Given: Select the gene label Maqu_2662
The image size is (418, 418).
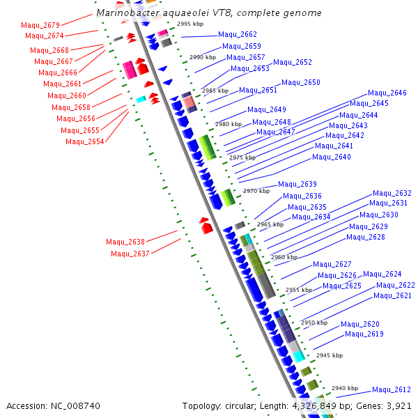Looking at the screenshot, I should coord(238,34).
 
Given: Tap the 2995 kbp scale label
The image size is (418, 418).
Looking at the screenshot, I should coord(189,24).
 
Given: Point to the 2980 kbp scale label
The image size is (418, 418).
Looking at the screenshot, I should coord(227,124).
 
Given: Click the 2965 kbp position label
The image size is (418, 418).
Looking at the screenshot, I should coord(270,224).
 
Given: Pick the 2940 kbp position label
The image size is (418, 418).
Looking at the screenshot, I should coord(344,388).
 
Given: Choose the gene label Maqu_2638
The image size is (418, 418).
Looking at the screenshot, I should coord(125,242).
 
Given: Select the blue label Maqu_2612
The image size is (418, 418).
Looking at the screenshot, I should coord(392,389).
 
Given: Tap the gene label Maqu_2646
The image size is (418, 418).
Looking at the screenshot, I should coord(387,93).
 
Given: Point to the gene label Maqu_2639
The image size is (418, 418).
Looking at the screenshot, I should coord(297,184).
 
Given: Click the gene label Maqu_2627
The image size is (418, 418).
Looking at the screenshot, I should coord(332,264).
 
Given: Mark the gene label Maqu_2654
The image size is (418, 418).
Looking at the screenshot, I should coord(85,141).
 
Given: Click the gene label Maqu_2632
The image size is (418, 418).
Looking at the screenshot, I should coord(392,193).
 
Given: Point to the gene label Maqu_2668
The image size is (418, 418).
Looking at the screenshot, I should coord(49,50).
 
